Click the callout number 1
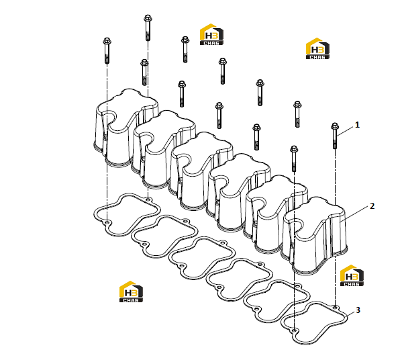[x=357, y=125]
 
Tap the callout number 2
[x=372, y=206]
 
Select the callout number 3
[x=358, y=310]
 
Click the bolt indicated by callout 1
[x=335, y=136]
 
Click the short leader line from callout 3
[x=351, y=313]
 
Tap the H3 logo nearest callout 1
[x=317, y=48]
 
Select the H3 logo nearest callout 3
[x=352, y=275]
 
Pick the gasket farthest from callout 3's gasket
[x=127, y=214]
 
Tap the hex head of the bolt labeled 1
[x=335, y=126]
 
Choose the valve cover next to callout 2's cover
[x=277, y=214]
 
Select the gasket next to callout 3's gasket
[x=277, y=300]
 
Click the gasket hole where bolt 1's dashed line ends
[x=336, y=307]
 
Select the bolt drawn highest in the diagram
[x=148, y=28]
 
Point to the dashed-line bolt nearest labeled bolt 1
[x=294, y=159]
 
